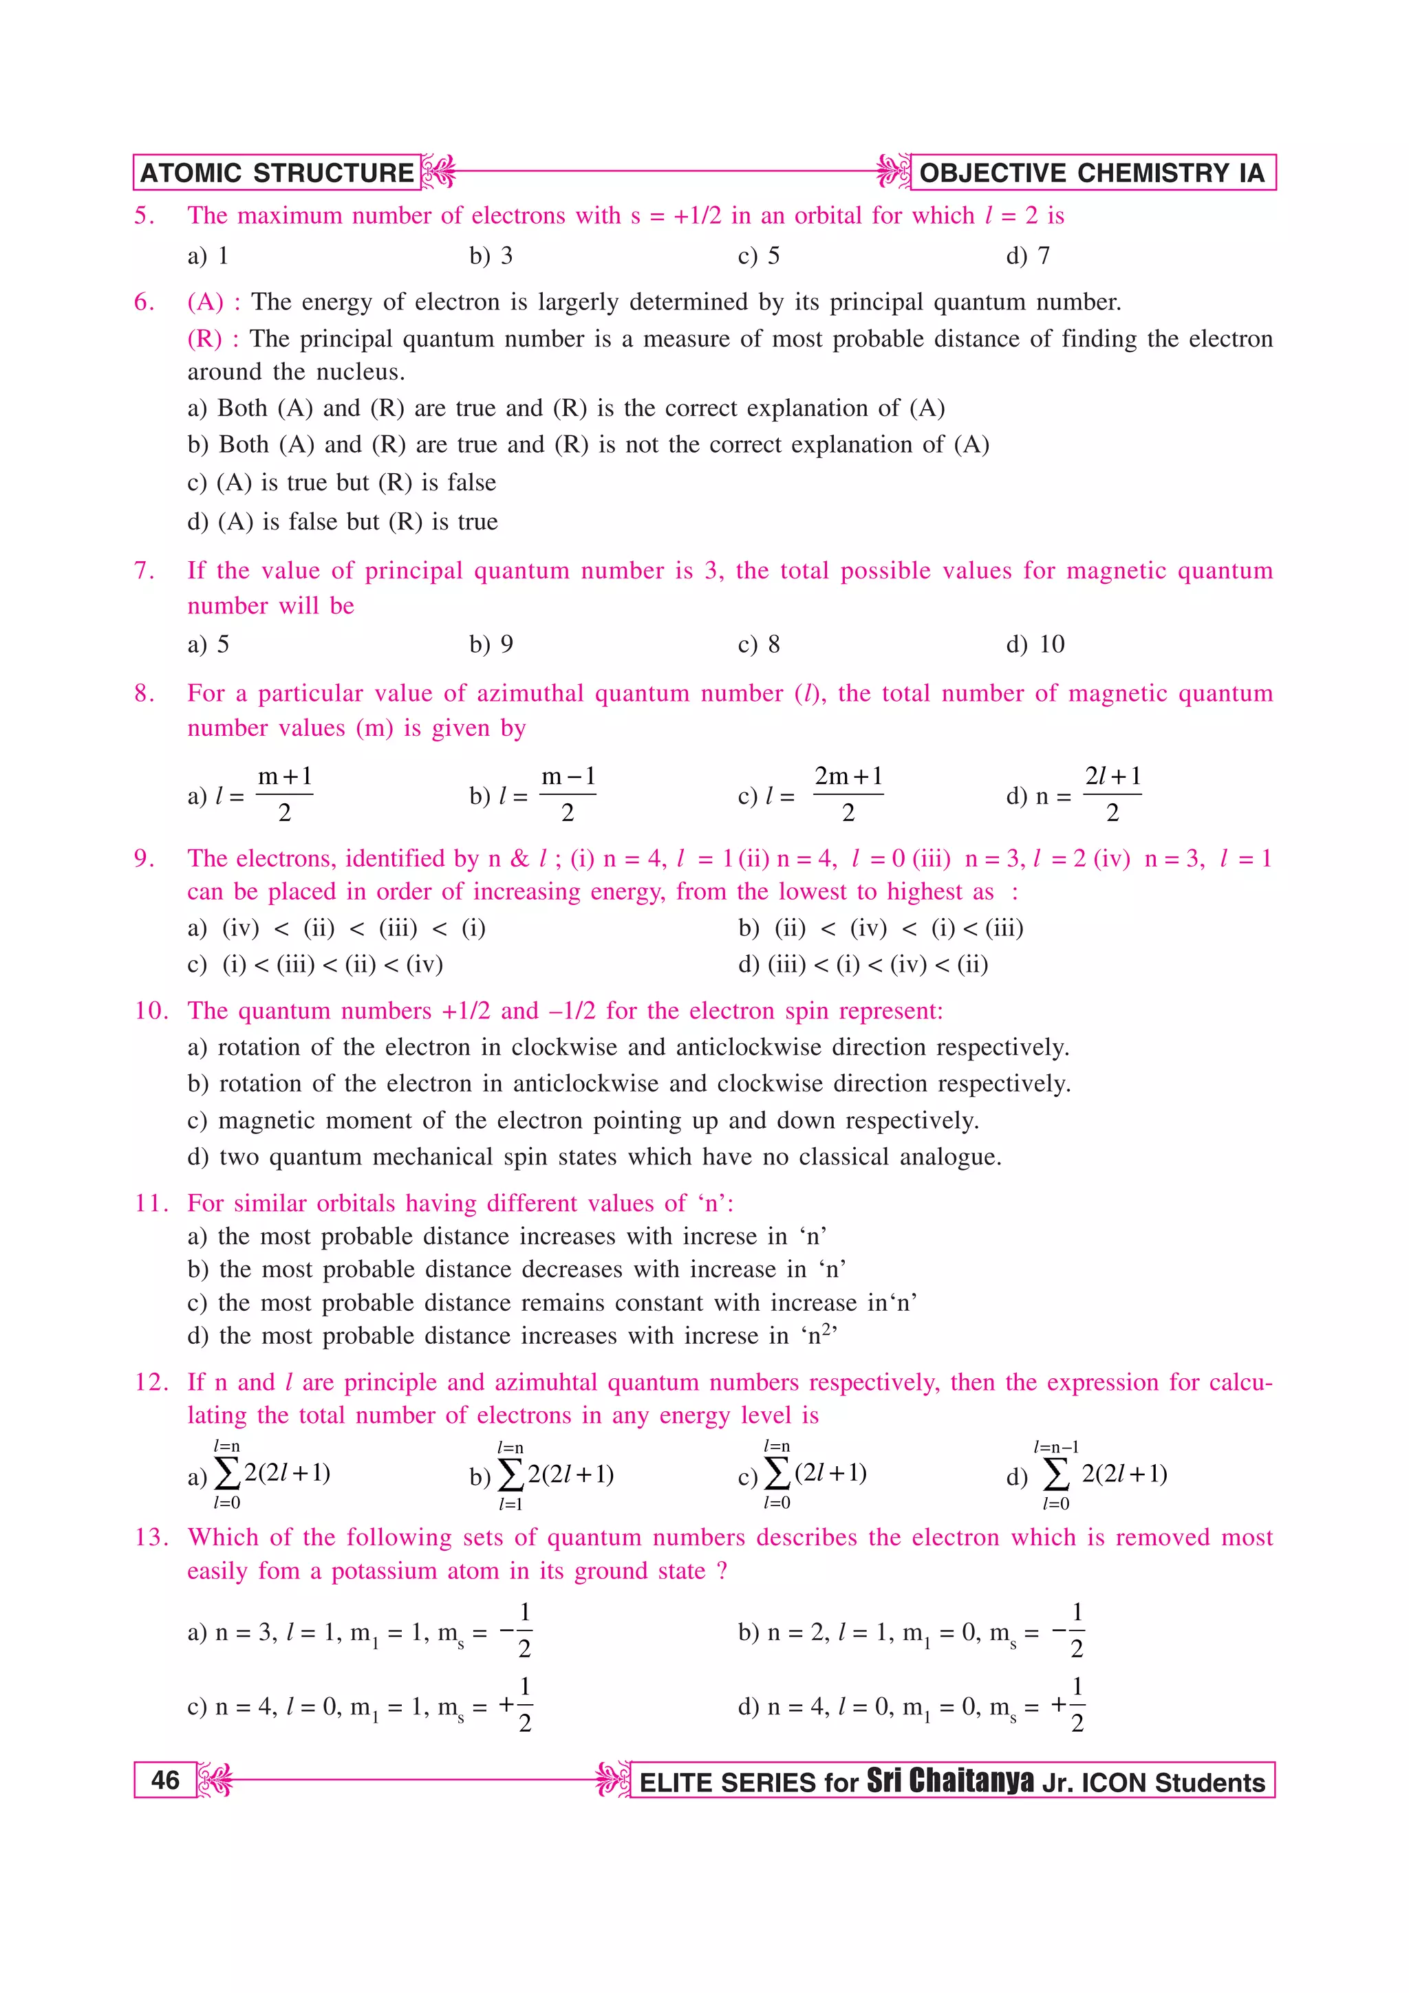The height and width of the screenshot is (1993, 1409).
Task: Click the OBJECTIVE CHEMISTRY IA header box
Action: (1091, 173)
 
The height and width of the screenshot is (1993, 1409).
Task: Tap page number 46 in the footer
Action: (165, 1780)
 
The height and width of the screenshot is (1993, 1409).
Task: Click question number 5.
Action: (144, 215)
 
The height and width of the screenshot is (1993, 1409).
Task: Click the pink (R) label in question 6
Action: (205, 338)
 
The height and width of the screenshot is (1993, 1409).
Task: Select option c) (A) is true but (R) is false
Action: (342, 483)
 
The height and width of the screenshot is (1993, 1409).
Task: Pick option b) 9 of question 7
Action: (491, 644)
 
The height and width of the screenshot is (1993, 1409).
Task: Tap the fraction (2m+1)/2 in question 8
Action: (848, 794)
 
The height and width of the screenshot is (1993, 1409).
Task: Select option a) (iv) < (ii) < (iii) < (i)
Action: (337, 928)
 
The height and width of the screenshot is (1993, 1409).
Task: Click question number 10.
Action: (151, 1010)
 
